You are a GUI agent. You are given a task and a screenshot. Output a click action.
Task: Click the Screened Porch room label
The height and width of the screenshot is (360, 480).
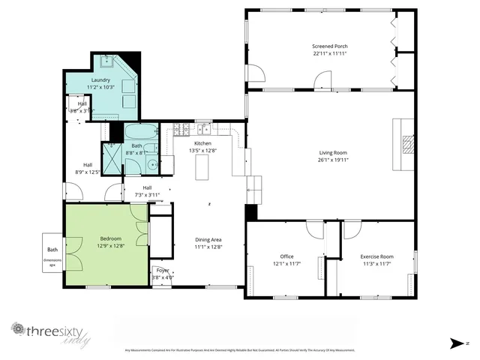[330, 46]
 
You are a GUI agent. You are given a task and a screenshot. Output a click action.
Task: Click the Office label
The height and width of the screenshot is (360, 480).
[281, 256]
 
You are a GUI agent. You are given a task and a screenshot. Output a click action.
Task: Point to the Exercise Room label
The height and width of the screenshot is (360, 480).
[376, 256]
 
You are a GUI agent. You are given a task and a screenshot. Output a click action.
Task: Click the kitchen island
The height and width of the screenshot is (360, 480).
[202, 169]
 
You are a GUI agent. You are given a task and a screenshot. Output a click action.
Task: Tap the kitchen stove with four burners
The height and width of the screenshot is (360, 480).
[181, 130]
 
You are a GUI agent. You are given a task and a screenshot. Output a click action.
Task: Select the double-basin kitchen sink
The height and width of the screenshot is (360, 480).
[203, 129]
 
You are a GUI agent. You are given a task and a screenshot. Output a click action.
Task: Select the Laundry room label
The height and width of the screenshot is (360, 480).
[101, 79]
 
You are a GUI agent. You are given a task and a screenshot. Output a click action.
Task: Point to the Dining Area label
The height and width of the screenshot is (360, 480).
[208, 238]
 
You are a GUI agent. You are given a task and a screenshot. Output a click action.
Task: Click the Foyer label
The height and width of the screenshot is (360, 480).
[163, 270]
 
